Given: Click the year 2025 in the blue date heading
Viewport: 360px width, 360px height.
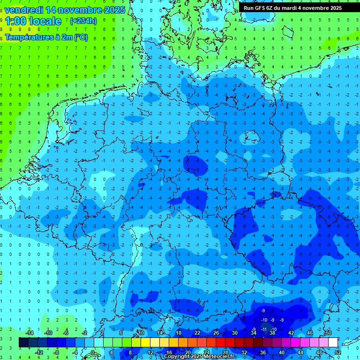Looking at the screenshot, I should point(112,10).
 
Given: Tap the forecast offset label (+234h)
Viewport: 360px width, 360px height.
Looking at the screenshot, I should point(83,21).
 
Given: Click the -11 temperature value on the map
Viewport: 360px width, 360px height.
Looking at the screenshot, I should point(264,330).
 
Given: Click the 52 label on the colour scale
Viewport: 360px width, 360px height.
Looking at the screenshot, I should point(338,352).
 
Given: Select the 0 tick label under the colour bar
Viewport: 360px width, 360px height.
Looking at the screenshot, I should point(93,352).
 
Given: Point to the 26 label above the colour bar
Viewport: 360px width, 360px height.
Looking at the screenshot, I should point(216,333).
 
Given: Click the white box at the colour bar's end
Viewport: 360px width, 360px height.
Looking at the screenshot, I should point(333,343).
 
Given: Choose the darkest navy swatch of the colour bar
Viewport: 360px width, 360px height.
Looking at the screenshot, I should point(23,343).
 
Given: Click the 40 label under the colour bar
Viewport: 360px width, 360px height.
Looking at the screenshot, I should point(282,352).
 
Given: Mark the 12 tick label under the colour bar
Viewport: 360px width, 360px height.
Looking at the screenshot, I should point(150,352).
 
